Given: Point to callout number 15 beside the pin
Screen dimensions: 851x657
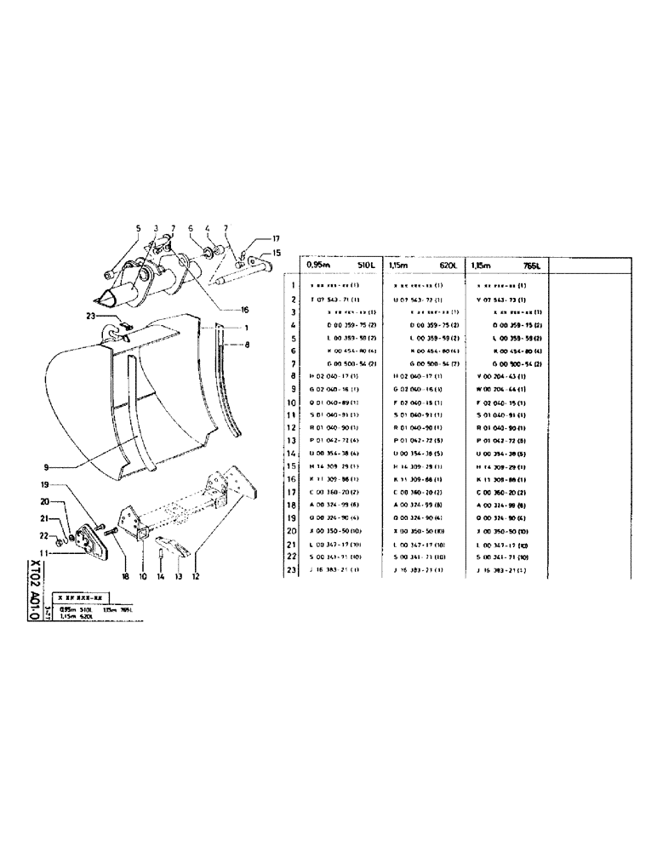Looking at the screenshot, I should tap(277, 253).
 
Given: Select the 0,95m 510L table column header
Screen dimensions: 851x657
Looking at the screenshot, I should tap(340, 265).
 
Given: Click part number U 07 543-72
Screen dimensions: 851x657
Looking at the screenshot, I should tap(417, 300).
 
